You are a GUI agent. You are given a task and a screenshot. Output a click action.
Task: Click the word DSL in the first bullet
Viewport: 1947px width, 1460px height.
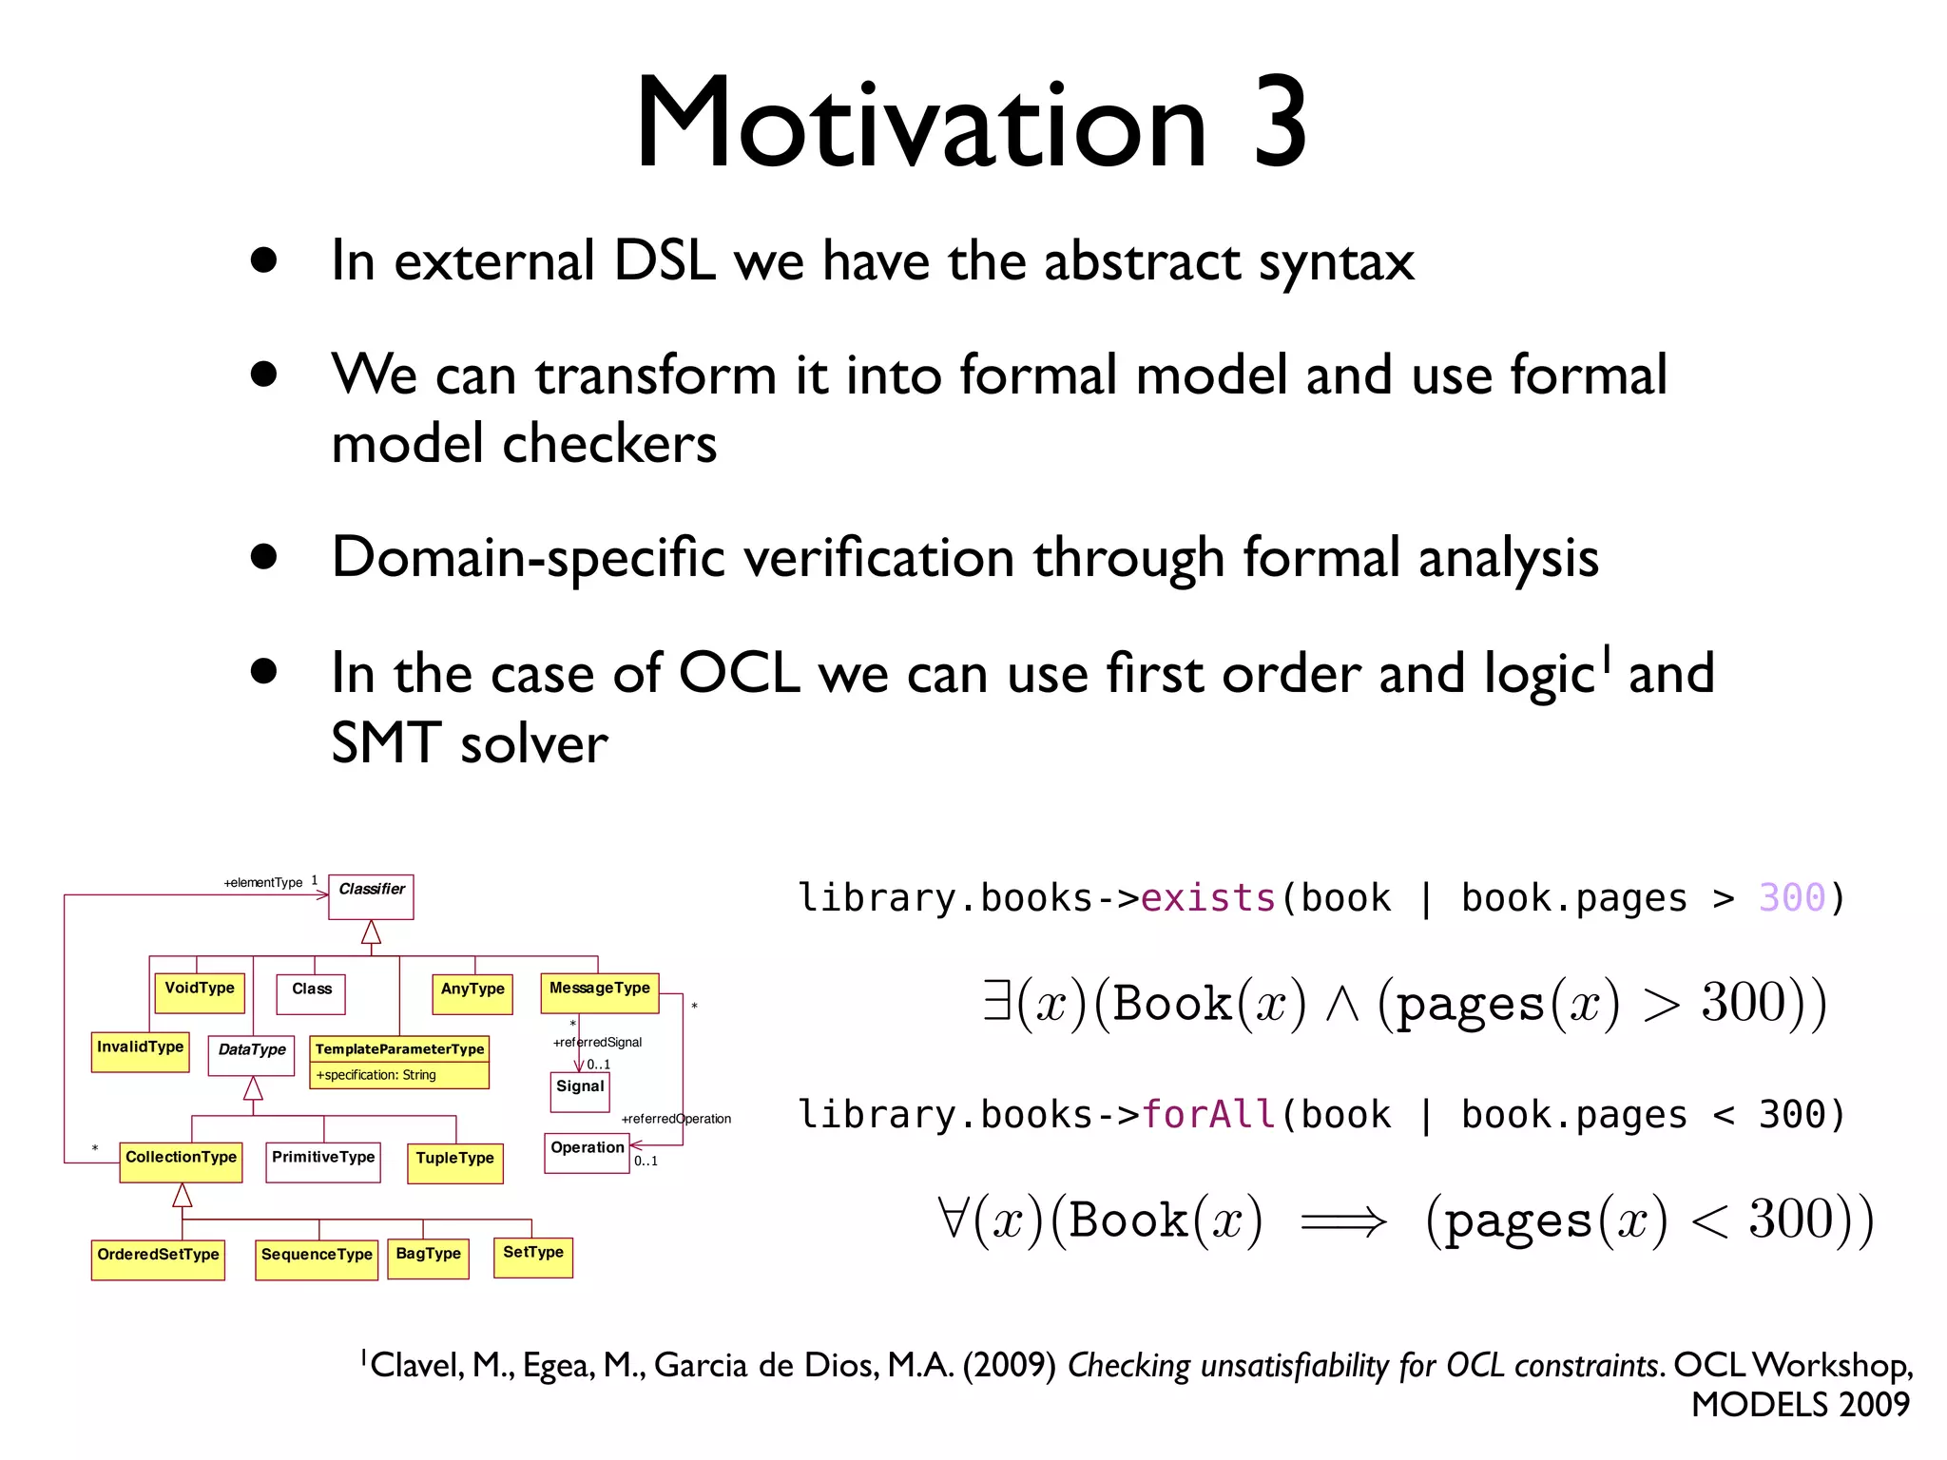[664, 260]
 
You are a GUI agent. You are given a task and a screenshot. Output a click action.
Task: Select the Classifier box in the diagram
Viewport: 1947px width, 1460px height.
[371, 896]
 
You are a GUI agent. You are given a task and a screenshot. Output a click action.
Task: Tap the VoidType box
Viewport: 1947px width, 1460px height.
[200, 991]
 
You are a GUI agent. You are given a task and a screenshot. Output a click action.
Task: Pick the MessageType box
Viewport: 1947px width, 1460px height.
[599, 991]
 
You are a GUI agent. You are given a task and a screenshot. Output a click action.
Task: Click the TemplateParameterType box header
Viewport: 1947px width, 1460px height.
[399, 1048]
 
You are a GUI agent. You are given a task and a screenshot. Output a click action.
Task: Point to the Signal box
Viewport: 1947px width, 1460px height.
[580, 1090]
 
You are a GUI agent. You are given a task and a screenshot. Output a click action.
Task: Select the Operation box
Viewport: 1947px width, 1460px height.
[587, 1152]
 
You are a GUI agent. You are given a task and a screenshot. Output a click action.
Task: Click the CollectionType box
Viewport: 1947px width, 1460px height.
[181, 1161]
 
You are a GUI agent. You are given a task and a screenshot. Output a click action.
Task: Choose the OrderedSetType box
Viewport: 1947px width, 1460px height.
[158, 1258]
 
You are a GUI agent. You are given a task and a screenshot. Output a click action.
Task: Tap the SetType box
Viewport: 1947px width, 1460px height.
[532, 1257]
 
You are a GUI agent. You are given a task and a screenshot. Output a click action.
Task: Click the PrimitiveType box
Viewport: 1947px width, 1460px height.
[323, 1161]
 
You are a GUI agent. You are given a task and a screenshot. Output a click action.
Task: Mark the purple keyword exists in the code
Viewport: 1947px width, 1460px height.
[1207, 898]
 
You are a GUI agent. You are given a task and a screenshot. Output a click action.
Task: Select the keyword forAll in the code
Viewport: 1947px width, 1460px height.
[1207, 1114]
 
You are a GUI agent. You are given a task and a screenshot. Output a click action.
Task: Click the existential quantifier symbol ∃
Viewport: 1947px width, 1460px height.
[996, 1002]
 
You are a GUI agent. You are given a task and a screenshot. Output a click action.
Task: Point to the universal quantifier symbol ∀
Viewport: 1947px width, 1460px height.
[951, 1219]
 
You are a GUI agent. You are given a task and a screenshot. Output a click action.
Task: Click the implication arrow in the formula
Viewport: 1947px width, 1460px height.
[1342, 1221]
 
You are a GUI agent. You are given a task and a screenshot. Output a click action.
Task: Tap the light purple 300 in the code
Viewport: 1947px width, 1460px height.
[1791, 898]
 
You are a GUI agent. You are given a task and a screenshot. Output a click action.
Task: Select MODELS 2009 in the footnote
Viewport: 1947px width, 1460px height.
[1800, 1404]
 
